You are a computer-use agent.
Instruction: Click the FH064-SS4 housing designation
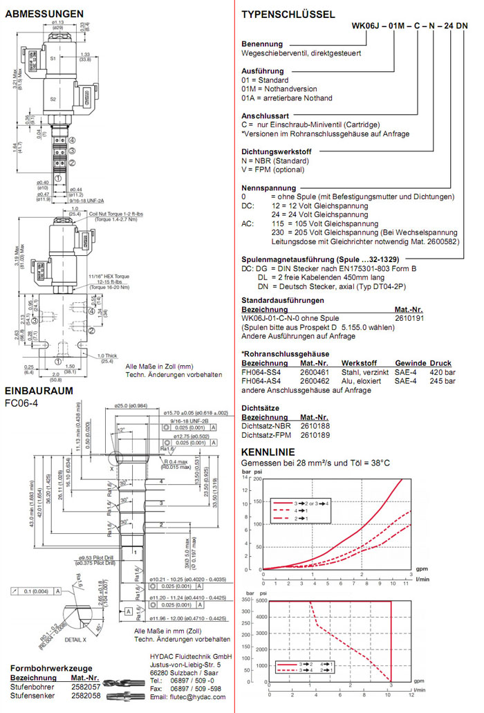click(261, 371)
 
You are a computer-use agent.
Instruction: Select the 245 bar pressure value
click(443, 380)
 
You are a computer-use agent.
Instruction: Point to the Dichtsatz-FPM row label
click(262, 435)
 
